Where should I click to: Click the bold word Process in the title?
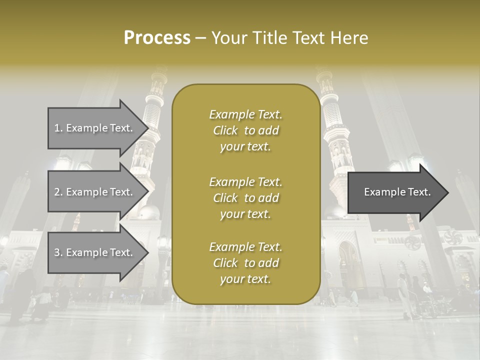pos(157,38)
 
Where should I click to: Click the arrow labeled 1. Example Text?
pos(95,128)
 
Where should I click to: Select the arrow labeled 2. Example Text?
pos(95,192)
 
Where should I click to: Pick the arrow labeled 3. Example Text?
pos(95,252)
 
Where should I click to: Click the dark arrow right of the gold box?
pos(395,192)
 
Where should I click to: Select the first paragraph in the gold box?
pos(245,130)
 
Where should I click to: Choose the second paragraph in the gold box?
pos(245,197)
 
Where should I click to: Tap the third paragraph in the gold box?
pos(245,263)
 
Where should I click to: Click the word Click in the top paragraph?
pos(225,131)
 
